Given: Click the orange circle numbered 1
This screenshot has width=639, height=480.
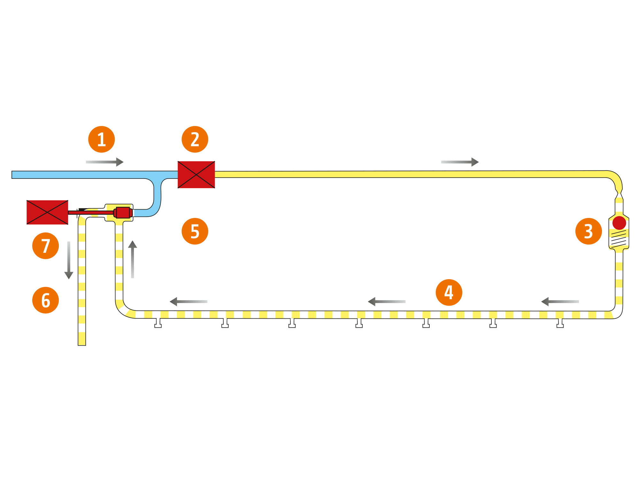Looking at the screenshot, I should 102,140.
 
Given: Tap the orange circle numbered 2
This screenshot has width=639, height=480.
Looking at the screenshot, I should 195,140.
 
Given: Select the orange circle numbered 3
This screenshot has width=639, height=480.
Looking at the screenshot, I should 589,231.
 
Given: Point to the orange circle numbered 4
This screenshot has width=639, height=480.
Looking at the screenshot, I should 449,292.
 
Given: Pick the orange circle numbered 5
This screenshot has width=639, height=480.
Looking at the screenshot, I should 195,231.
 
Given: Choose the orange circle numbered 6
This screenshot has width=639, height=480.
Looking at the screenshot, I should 46,300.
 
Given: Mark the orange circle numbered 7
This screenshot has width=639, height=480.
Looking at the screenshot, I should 46,246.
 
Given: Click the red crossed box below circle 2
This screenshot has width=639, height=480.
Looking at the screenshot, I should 196,174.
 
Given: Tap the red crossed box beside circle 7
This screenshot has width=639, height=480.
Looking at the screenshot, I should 47,212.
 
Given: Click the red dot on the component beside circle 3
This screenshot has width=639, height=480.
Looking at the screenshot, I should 619,223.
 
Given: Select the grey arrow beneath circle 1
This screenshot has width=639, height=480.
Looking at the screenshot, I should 104,162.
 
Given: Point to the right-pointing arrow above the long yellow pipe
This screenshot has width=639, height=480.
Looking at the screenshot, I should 460,162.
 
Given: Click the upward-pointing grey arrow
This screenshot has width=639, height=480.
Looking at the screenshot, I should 133,259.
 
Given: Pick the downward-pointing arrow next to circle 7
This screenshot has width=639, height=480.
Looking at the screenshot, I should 69,260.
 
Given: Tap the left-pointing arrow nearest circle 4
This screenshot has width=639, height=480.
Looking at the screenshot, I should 387,301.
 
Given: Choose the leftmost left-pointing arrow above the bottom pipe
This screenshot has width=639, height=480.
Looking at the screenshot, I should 189,301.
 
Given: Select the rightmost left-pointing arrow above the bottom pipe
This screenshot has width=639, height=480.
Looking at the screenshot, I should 560,301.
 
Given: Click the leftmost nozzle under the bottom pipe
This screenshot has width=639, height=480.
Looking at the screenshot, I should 158,323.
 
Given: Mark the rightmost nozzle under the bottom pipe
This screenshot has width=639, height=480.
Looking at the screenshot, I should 560,323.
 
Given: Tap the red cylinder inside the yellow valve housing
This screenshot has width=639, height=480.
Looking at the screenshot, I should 123,212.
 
